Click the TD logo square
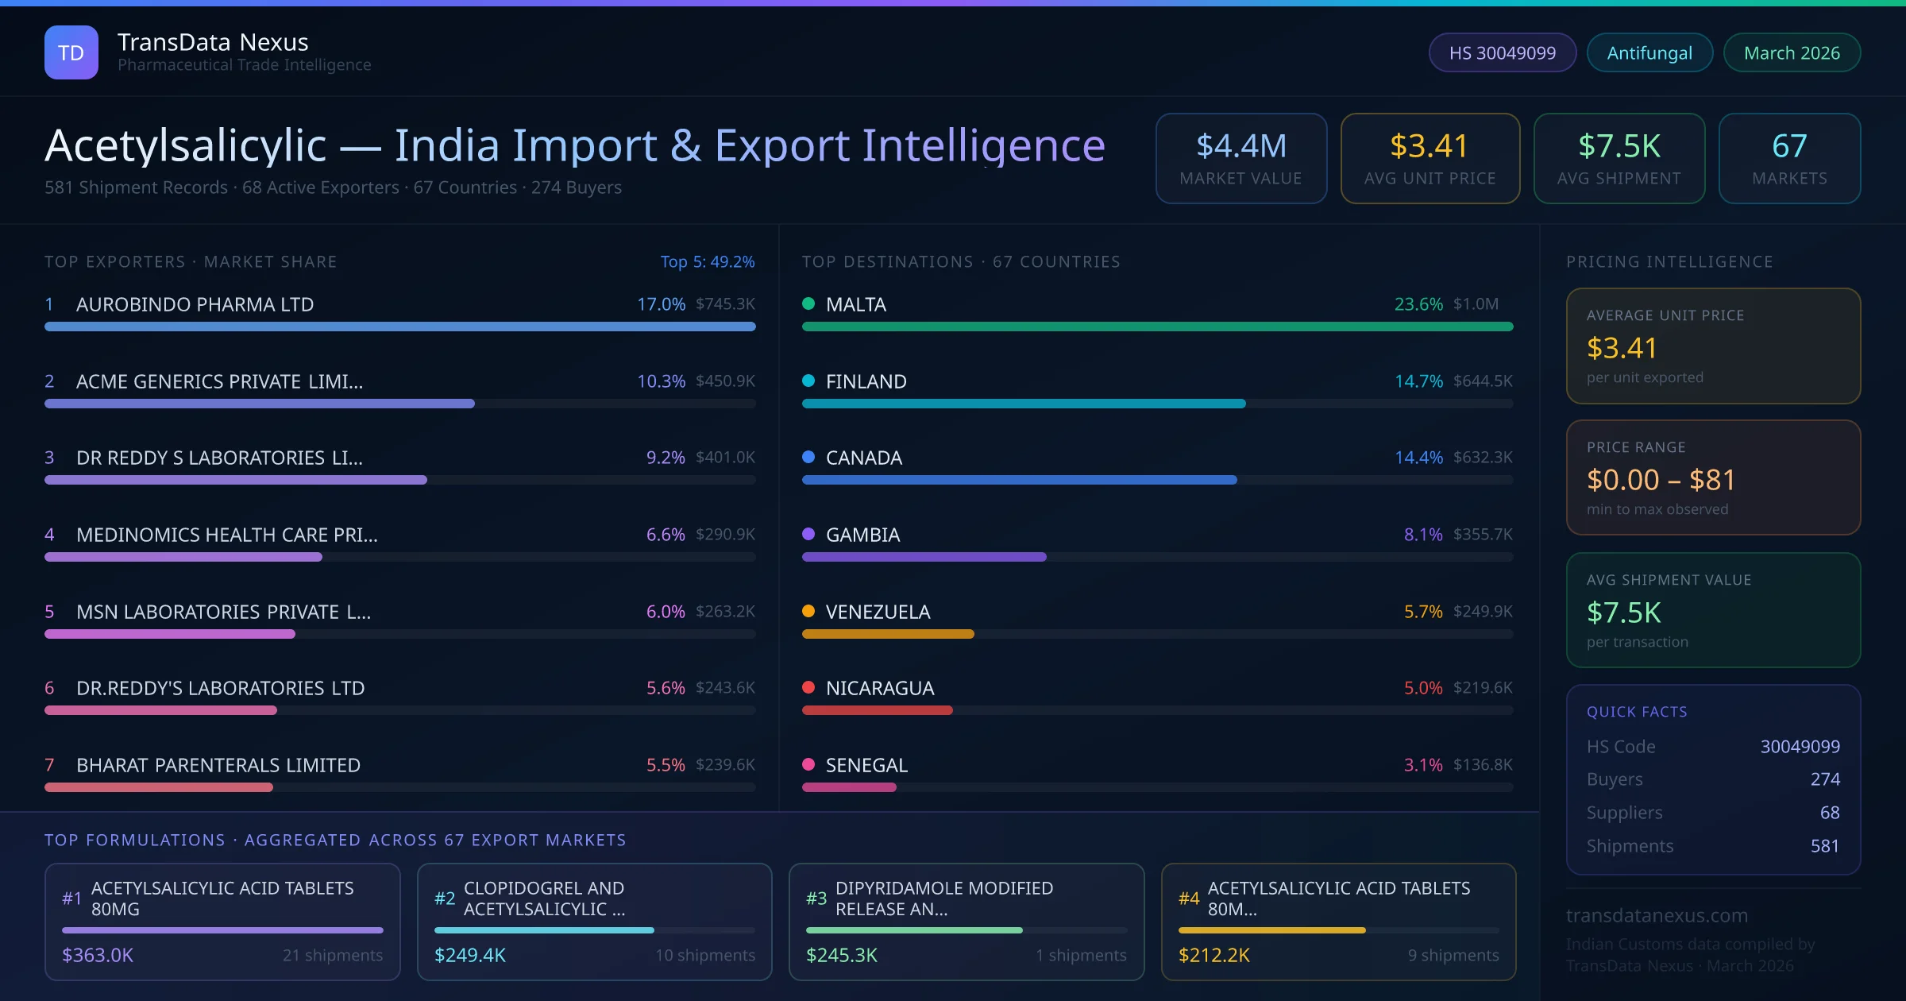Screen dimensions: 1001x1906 (71, 52)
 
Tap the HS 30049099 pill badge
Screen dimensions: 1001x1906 (1502, 53)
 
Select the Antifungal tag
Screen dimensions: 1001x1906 (1649, 53)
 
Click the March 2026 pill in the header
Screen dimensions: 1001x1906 (1792, 53)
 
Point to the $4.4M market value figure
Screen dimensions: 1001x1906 (1241, 146)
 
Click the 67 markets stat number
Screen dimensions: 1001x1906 (1789, 146)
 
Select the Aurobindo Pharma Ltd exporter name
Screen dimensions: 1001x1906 (195, 304)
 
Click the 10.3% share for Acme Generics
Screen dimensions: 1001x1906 (661, 381)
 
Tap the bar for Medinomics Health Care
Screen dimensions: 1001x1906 (183, 557)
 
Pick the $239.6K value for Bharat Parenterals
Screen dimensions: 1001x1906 (725, 764)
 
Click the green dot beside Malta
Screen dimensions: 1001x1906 (808, 303)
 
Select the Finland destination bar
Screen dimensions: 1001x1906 (1024, 404)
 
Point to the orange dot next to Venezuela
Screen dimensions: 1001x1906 (808, 611)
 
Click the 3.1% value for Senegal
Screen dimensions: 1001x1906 (1423, 764)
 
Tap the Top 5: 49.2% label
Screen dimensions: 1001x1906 (707, 261)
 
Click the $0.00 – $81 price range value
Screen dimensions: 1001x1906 (1661, 480)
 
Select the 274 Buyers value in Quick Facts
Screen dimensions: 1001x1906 (1825, 779)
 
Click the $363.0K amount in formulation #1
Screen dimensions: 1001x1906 (98, 955)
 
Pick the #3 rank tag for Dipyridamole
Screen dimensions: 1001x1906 (816, 899)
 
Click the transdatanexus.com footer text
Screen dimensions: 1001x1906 (1657, 915)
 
